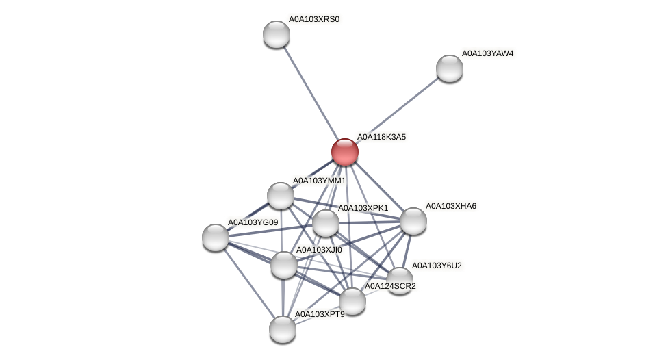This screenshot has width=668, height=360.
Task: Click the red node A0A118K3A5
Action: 345,152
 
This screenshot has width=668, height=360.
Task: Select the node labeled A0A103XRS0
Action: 277,34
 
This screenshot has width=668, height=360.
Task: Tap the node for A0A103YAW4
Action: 450,68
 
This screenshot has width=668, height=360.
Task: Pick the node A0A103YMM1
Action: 281,196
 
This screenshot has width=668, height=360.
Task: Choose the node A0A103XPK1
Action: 326,223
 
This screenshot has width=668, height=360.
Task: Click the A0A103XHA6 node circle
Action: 413,221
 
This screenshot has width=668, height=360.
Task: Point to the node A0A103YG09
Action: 216,237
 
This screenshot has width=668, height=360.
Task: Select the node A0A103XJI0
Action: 284,265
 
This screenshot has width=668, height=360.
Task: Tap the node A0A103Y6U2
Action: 400,280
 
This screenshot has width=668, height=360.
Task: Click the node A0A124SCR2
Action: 352,301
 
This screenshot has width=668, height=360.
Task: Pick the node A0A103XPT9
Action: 283,329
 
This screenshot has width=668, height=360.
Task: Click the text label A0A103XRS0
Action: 313,19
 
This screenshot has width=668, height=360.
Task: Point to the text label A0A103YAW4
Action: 487,53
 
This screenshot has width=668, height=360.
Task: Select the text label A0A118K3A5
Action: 381,137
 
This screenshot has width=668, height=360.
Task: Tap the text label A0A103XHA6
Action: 450,206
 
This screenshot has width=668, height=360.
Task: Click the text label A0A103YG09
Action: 253,222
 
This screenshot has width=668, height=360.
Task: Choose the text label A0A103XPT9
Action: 320,314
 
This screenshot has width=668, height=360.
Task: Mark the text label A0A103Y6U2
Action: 437,265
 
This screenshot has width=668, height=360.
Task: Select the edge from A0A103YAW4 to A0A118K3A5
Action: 397,110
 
